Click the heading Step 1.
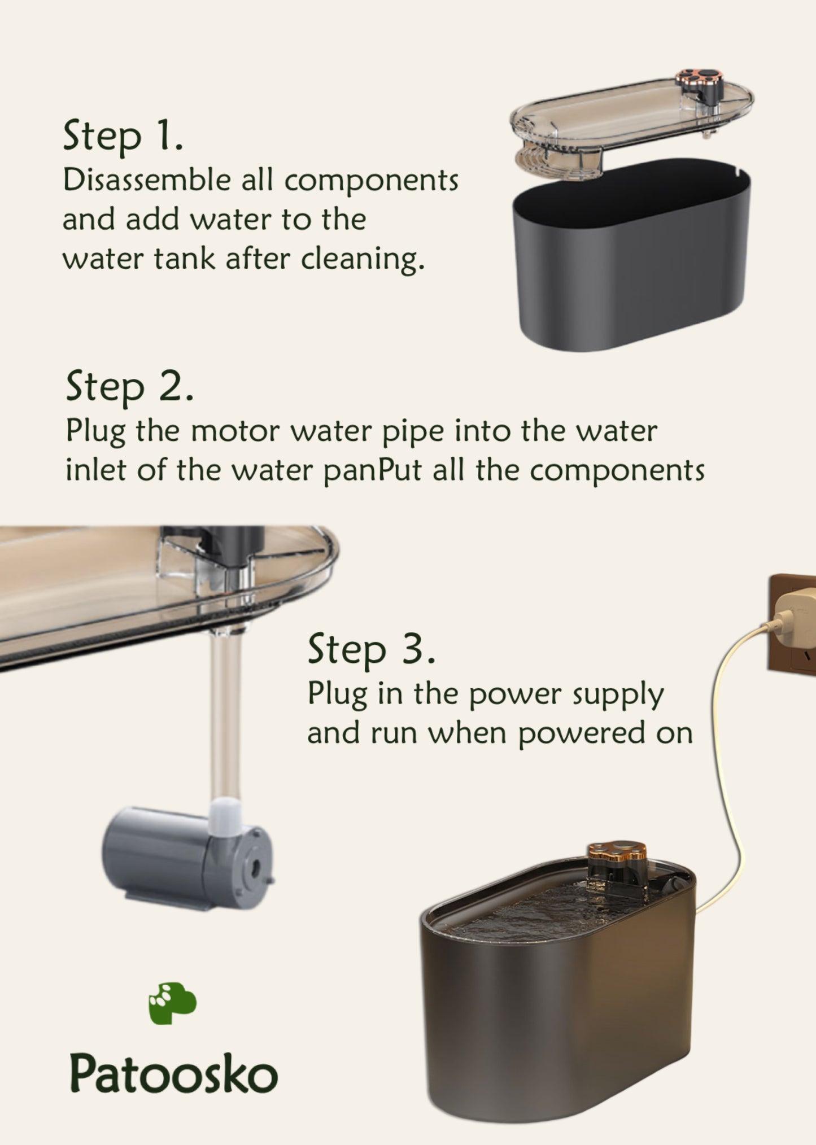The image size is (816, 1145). pyautogui.click(x=123, y=136)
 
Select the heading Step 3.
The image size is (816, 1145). pyautogui.click(x=372, y=649)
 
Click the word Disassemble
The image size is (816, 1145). pyautogui.click(x=147, y=181)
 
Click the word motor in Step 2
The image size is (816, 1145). pyautogui.click(x=235, y=432)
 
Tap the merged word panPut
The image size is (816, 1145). pyautogui.click(x=372, y=471)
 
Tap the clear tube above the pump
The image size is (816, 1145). pyautogui.click(x=226, y=717)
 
